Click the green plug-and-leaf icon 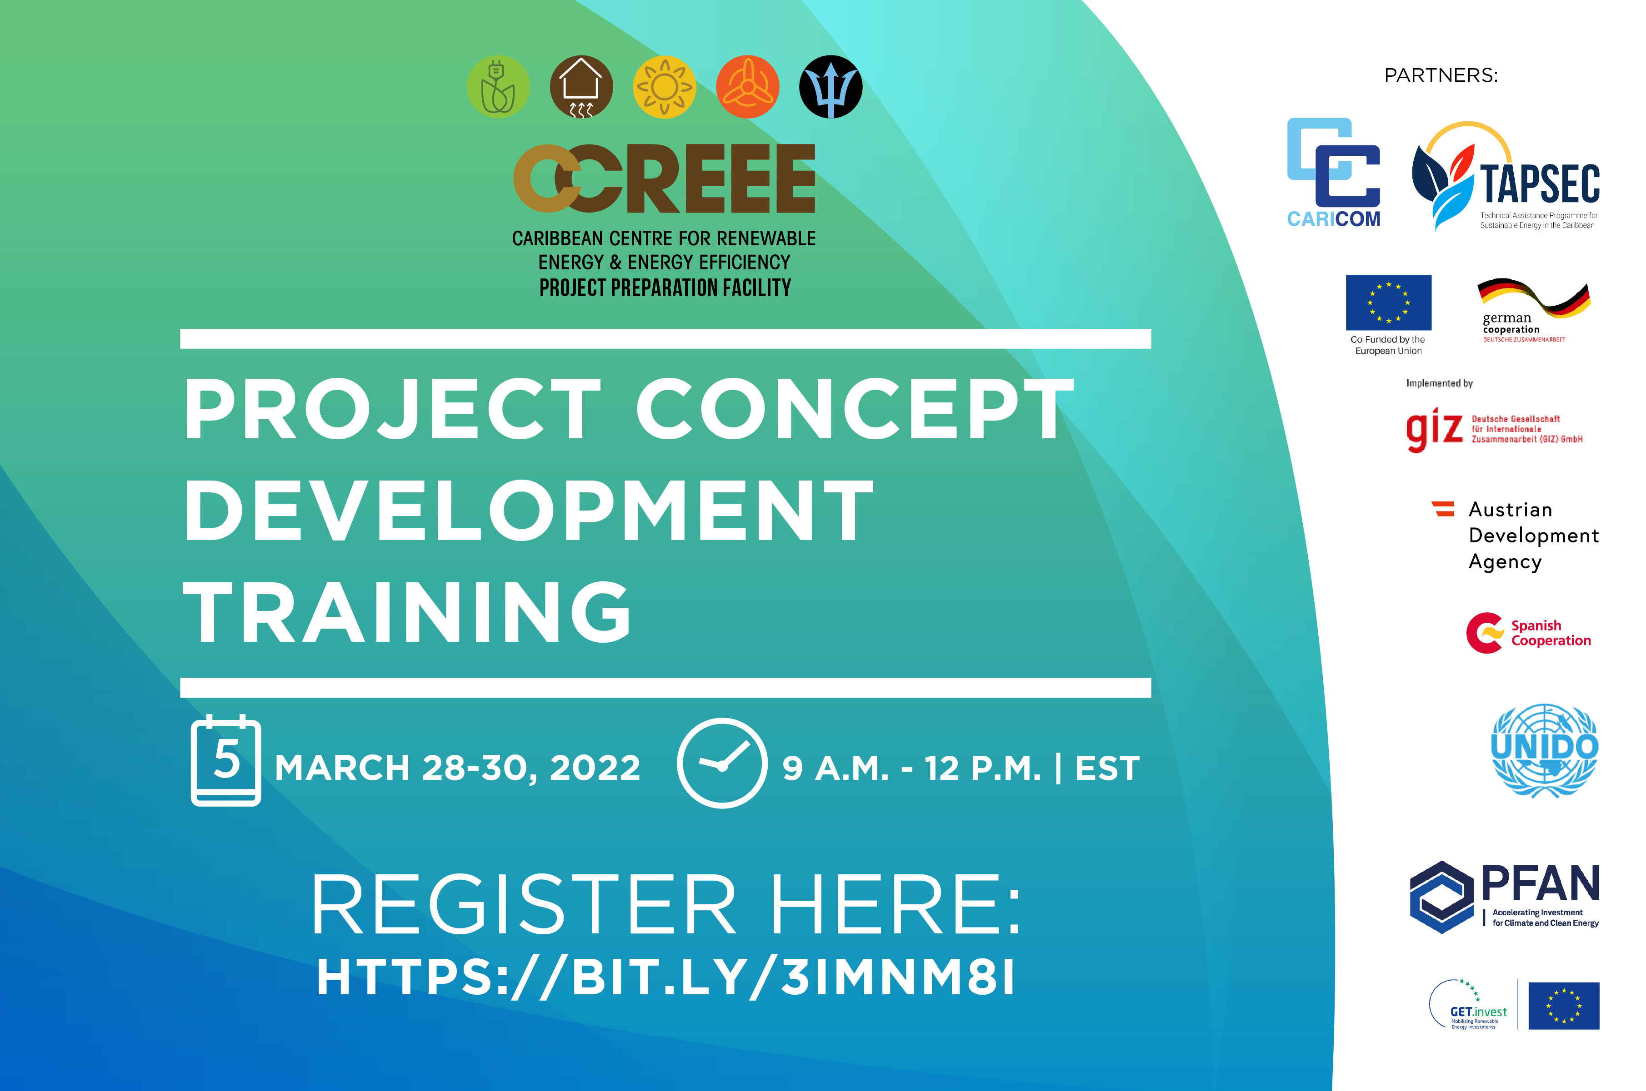(498, 87)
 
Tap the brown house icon (581, 87)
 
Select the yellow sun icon (664, 87)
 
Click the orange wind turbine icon (748, 87)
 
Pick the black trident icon (831, 87)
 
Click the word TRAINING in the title (407, 612)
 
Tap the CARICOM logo (1333, 173)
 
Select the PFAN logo (1505, 897)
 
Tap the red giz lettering (1434, 430)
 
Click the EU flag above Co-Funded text (1388, 303)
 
